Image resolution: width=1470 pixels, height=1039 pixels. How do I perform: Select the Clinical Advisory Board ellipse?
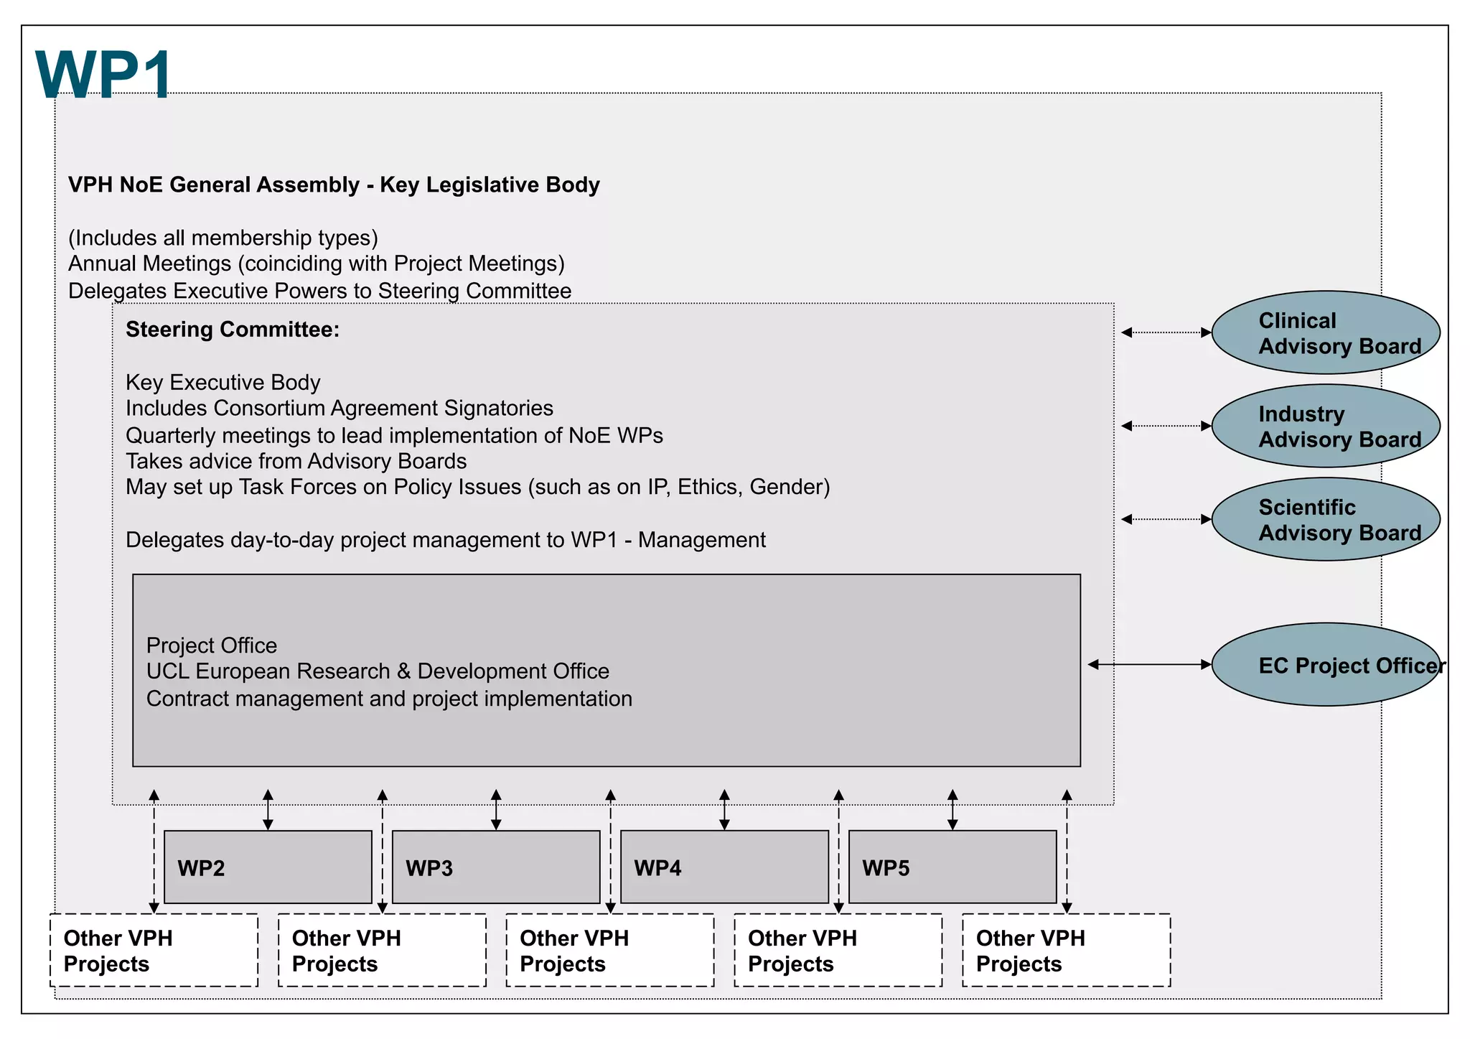pos(1325,332)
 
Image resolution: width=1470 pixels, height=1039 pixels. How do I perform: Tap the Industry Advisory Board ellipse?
pos(1325,426)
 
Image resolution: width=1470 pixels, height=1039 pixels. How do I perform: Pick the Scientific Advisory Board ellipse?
pos(1325,519)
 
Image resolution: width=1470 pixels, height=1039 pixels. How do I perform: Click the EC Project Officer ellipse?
pos(1325,665)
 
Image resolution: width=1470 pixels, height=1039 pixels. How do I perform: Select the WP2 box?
pos(268,867)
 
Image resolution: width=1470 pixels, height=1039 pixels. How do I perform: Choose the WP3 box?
pos(496,867)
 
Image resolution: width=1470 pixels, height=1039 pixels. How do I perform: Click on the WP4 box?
pos(724,867)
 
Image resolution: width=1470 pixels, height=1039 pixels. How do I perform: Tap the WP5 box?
pos(952,867)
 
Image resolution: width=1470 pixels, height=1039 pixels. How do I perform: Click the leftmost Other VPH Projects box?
pos(154,950)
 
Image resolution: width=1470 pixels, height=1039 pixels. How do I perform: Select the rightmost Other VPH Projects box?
pos(1066,950)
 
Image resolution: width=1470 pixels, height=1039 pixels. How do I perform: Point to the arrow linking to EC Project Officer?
pos(1149,665)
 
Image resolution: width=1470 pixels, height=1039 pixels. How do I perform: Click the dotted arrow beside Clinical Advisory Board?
pos(1166,332)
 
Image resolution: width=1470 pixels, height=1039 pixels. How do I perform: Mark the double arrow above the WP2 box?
pos(268,810)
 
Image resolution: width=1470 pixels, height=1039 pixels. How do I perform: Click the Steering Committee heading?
pos(232,330)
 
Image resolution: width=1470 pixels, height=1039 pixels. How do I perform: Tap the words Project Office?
pos(212,646)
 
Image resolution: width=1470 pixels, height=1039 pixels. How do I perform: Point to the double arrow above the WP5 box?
pos(952,810)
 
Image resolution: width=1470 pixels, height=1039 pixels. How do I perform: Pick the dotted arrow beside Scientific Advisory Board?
pos(1166,519)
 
